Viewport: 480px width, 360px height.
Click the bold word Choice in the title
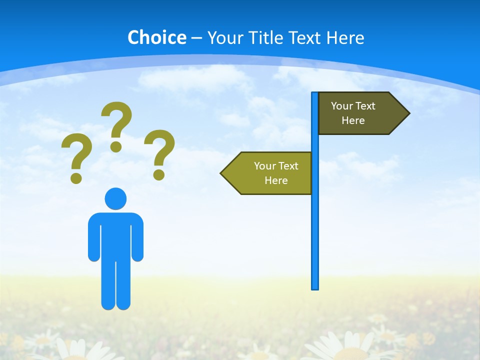(x=156, y=37)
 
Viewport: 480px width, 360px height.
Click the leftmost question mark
(x=76, y=155)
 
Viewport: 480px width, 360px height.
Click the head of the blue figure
(x=115, y=198)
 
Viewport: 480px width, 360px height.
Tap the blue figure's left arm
(x=94, y=237)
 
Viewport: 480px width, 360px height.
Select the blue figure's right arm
(x=137, y=237)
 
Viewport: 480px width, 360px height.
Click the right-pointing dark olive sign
(x=360, y=113)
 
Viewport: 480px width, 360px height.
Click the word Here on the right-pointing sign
(x=353, y=120)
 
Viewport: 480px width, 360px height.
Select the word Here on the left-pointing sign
(x=276, y=180)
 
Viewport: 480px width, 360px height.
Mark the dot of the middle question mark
(x=116, y=146)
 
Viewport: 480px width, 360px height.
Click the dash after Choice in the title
(x=196, y=38)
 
